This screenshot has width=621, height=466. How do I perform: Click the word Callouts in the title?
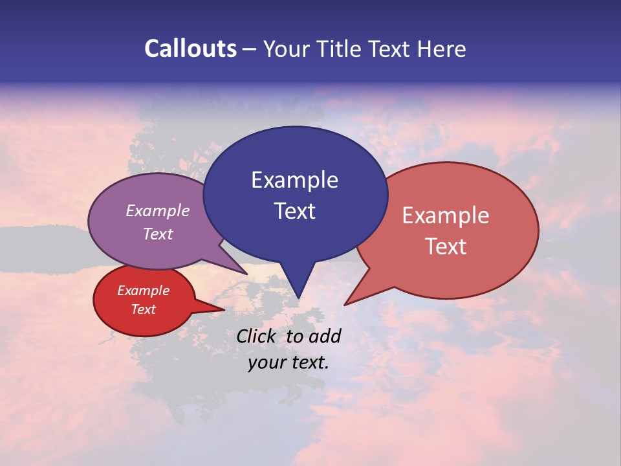point(190,49)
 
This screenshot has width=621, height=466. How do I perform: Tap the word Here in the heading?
point(442,49)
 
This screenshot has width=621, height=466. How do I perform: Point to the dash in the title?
point(250,49)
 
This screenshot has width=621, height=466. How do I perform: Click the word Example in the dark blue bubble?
point(294,180)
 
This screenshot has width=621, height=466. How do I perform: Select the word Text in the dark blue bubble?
point(294,211)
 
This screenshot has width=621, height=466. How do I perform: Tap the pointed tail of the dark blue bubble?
point(298,296)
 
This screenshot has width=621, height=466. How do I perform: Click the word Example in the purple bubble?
point(158,211)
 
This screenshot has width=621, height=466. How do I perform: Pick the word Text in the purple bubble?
point(158,234)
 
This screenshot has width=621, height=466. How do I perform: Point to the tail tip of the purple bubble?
point(246,273)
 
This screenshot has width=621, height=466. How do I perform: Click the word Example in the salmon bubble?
point(446,216)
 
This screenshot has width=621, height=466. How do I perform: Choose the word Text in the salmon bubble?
point(446,247)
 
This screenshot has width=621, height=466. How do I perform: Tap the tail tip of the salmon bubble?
point(345,304)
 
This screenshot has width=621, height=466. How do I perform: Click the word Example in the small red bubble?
point(143,291)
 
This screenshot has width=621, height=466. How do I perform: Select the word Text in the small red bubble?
point(143,309)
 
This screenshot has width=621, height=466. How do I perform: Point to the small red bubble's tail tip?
point(223,310)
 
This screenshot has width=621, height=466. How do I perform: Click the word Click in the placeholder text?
point(257,336)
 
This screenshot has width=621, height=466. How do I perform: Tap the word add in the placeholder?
point(324,336)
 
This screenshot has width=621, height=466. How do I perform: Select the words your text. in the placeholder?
point(289,362)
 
